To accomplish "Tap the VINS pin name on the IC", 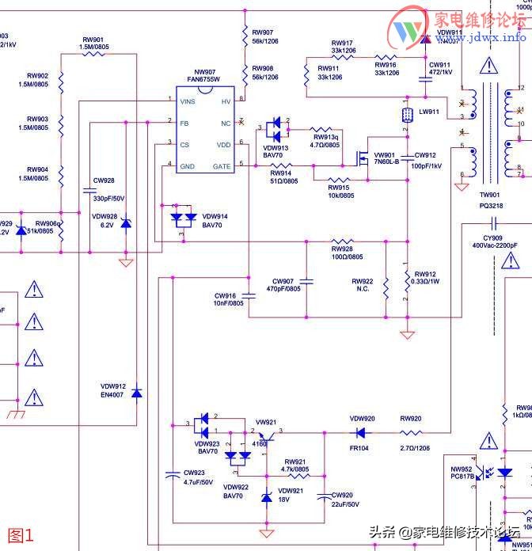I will pyautogui.click(x=188, y=101).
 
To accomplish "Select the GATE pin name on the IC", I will pyautogui.click(x=222, y=166).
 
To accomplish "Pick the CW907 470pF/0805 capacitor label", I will pyautogui.click(x=287, y=285).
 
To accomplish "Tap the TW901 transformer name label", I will pyautogui.click(x=489, y=195).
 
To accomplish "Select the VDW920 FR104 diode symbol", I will pyautogui.click(x=361, y=432).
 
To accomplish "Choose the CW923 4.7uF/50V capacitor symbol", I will pyautogui.click(x=172, y=474).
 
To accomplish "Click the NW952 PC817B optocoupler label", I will pyautogui.click(x=462, y=472).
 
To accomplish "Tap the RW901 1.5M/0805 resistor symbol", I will pyautogui.click(x=93, y=54).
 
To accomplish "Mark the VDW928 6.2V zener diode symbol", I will pyautogui.click(x=125, y=226).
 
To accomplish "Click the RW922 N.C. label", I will pyautogui.click(x=363, y=285).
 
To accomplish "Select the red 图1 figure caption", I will pyautogui.click(x=21, y=535).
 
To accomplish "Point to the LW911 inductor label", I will pyautogui.click(x=429, y=112).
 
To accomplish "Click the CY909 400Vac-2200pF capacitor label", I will pyautogui.click(x=494, y=241).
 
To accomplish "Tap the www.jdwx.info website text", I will pyautogui.click(x=487, y=37).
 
